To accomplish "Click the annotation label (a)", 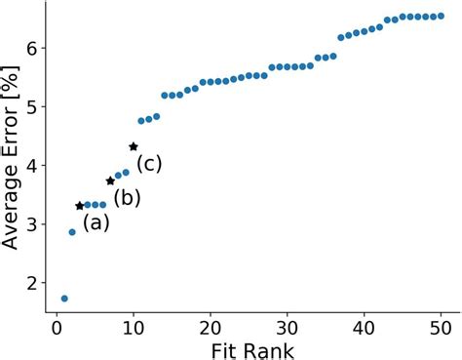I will (x=96, y=222).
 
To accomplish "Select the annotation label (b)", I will (x=127, y=198).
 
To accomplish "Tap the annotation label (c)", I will (x=148, y=163).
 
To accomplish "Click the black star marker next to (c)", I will (x=134, y=146).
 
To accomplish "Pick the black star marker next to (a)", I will (x=80, y=206).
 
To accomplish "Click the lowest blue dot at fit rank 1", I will (x=64, y=299).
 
